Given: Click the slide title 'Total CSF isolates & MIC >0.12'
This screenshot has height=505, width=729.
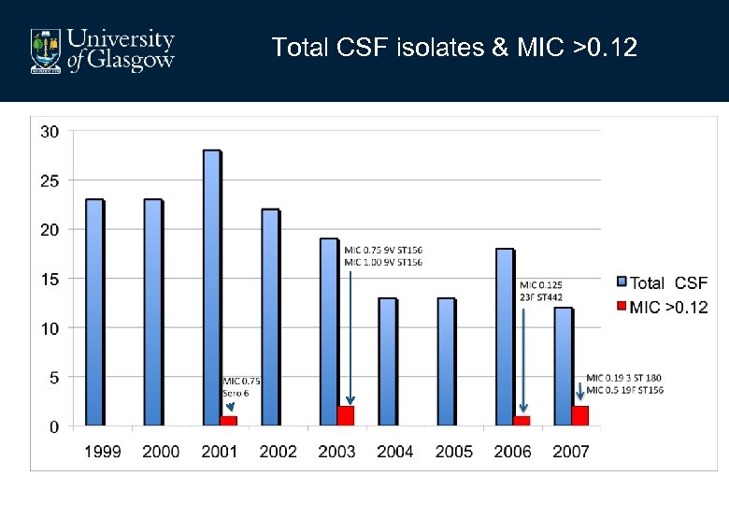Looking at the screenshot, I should [x=454, y=48].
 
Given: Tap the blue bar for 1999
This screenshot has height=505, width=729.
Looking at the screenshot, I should [x=94, y=312].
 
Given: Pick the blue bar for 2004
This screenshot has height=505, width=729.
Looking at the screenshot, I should [x=388, y=362].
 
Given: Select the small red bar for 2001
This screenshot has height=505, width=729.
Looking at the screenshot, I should [x=229, y=421].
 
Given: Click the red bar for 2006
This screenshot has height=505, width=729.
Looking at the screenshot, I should [x=522, y=421].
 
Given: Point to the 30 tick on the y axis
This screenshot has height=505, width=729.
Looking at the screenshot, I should [x=50, y=132].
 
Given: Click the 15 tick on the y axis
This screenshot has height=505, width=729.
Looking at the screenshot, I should [x=50, y=279].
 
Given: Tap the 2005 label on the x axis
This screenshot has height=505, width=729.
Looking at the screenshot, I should [x=454, y=452].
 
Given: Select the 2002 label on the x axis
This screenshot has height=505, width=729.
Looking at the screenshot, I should [x=279, y=452].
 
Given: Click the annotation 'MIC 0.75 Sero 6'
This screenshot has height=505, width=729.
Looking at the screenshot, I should [x=240, y=386].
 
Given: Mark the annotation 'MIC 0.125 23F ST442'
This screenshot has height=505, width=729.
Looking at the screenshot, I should [x=541, y=290].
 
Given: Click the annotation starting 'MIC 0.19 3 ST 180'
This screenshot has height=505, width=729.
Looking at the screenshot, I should [x=624, y=383].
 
